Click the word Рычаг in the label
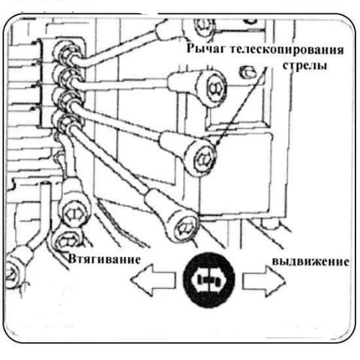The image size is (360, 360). click(206, 49)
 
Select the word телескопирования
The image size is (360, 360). click(286, 49)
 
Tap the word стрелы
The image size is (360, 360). click(304, 66)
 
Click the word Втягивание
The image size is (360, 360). click(104, 259)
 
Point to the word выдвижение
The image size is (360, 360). click(310, 262)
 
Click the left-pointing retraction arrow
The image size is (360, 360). click(153, 280)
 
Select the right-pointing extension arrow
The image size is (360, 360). click(264, 280)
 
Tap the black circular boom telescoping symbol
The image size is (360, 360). click(209, 280)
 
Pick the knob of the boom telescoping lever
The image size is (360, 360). click(203, 158)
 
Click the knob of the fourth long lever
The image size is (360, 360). click(184, 227)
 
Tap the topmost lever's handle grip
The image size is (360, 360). click(167, 30)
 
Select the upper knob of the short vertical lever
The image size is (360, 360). click(74, 213)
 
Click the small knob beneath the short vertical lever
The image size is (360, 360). click(67, 241)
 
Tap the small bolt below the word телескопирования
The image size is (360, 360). click(247, 72)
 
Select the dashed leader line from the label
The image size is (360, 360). click(240, 106)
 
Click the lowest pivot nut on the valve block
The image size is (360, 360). click(64, 122)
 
